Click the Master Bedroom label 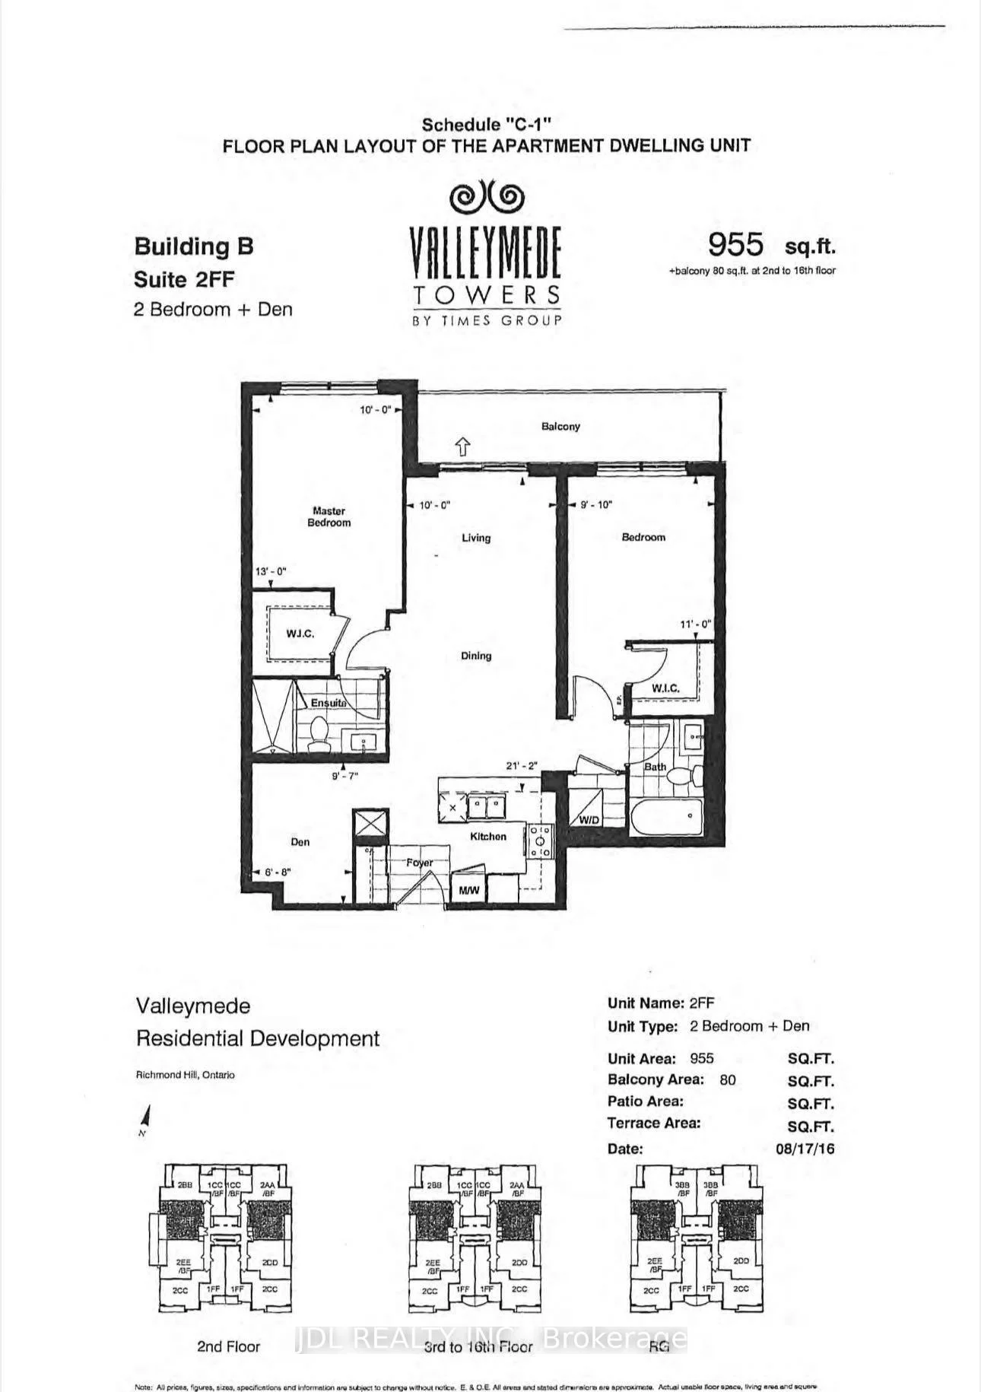329,517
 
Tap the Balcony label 560,427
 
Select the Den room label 300,842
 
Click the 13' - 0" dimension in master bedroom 271,571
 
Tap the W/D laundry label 589,821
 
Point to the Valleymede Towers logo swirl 487,199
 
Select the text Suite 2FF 184,279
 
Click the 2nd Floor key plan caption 228,1346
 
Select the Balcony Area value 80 728,1080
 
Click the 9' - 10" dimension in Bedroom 595,504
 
